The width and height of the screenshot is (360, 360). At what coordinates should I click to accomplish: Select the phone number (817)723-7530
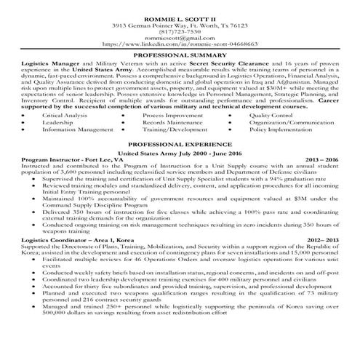180,31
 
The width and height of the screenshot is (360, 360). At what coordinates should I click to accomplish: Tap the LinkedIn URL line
180,44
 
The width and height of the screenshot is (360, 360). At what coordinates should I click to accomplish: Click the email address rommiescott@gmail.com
180,38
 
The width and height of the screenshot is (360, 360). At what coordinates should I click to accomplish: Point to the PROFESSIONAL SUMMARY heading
180,55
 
